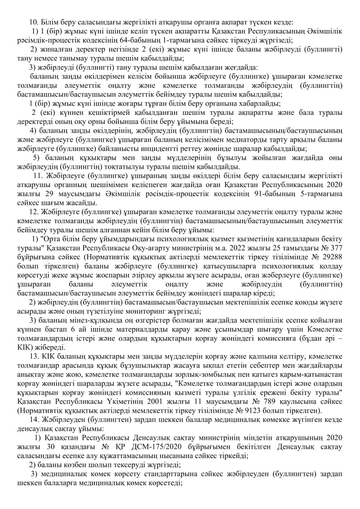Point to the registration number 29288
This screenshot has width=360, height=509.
(x=331, y=258)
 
